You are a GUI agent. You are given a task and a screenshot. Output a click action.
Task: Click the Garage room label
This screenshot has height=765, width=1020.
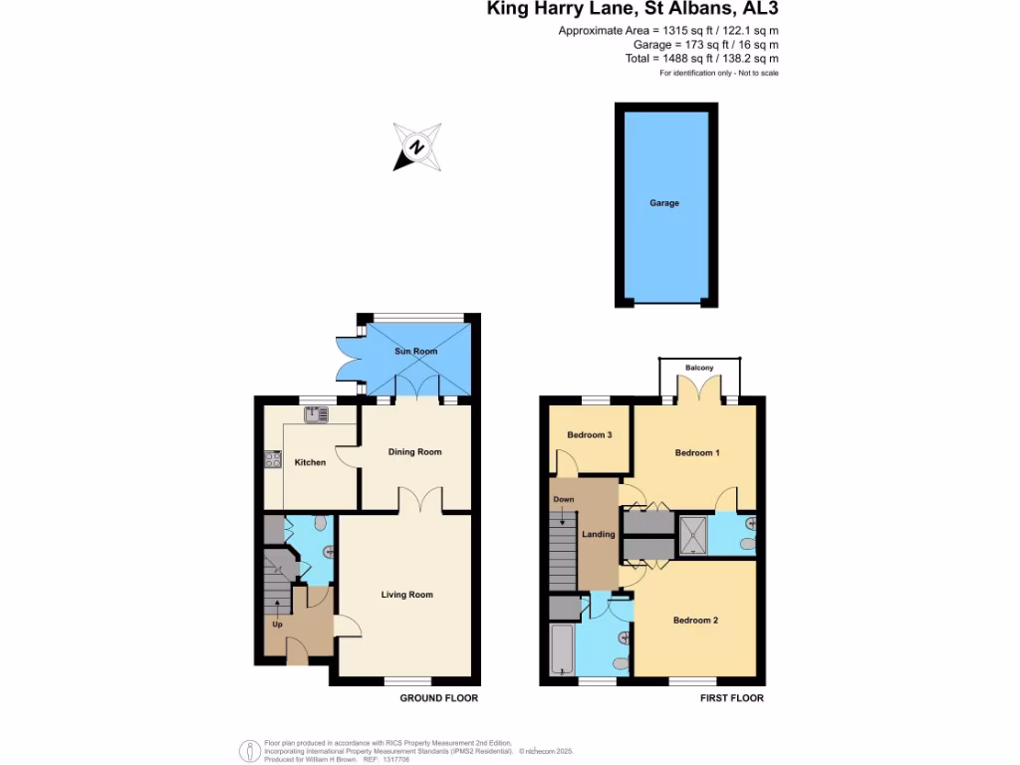point(664,203)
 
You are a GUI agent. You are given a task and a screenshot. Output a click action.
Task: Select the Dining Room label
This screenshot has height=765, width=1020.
point(414,452)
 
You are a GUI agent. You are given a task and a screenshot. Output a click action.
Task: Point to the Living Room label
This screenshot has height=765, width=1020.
point(407,595)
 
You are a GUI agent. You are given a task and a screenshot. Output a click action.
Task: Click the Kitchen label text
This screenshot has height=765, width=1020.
point(310,462)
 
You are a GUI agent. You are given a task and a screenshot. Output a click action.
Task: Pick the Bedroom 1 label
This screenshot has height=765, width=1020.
point(697,453)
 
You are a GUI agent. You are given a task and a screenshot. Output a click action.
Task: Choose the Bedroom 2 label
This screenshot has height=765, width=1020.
point(695,621)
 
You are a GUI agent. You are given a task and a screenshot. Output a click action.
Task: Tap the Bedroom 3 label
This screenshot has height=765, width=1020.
point(589,435)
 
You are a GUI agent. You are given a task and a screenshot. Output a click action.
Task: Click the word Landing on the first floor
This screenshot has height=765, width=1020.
point(599,535)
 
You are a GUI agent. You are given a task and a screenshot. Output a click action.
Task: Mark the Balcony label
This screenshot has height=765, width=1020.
point(699,369)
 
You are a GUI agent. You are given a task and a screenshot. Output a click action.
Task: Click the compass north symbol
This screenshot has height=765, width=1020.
point(417,147)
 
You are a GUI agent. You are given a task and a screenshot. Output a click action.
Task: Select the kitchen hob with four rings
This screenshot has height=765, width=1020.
point(273,459)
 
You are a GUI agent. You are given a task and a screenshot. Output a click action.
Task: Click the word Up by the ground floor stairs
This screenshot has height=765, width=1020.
point(277,625)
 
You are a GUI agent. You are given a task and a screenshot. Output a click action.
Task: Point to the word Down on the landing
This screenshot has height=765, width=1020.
point(564,499)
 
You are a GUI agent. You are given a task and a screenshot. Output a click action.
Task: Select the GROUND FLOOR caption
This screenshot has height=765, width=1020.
point(439,698)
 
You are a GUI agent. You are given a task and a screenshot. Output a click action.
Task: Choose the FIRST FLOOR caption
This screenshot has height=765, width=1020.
point(731,698)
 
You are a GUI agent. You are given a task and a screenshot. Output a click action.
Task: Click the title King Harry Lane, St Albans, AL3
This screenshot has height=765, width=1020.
point(633,11)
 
